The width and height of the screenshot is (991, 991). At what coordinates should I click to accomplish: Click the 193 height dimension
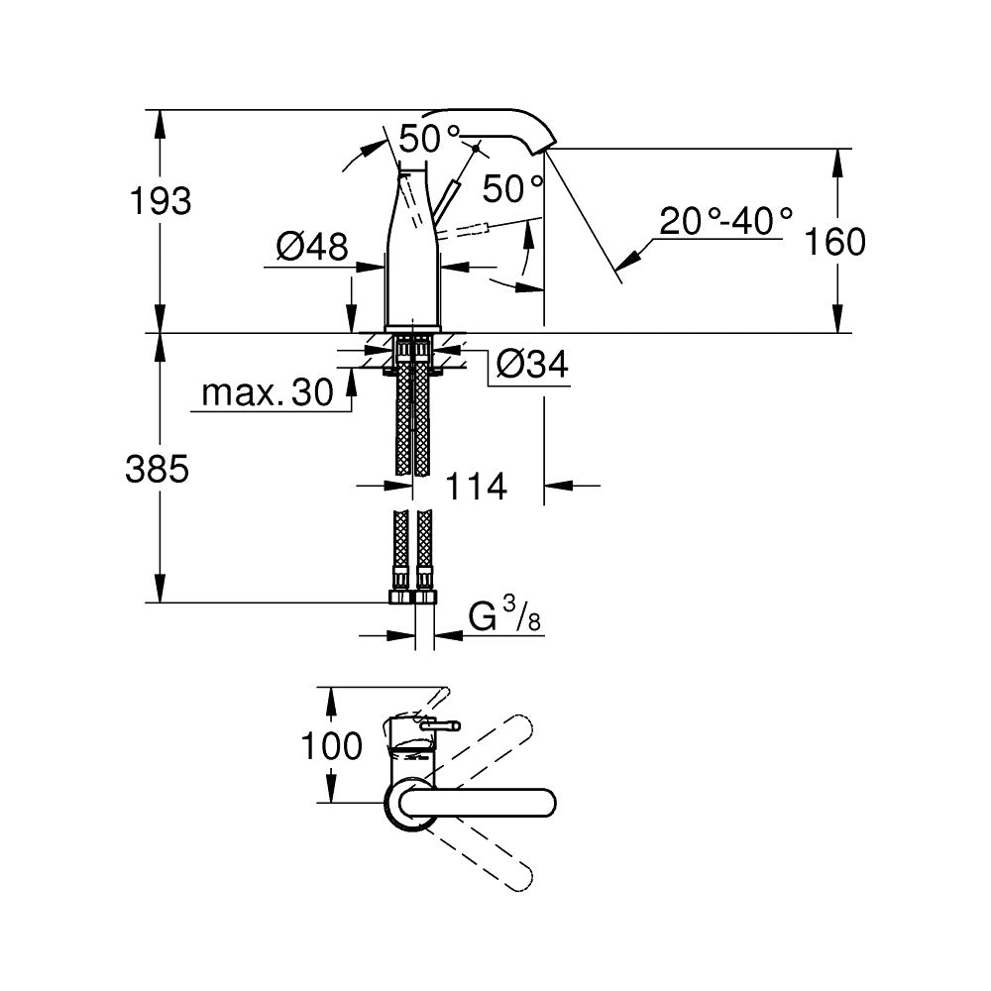(161, 201)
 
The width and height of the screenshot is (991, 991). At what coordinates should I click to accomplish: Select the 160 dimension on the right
(835, 241)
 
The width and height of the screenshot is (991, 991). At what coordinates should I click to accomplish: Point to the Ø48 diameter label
(312, 247)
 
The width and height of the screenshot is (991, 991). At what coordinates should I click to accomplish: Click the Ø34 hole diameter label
(531, 366)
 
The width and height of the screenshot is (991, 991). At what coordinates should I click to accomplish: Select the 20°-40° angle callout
(726, 220)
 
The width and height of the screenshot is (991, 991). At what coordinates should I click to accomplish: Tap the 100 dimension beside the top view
(332, 746)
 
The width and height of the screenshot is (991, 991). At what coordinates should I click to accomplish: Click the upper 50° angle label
(431, 138)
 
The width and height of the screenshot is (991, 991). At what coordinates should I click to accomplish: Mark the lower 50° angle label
(513, 187)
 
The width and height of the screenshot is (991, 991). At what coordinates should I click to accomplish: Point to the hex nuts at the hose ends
(412, 597)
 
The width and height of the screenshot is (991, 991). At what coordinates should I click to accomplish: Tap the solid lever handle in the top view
(486, 802)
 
